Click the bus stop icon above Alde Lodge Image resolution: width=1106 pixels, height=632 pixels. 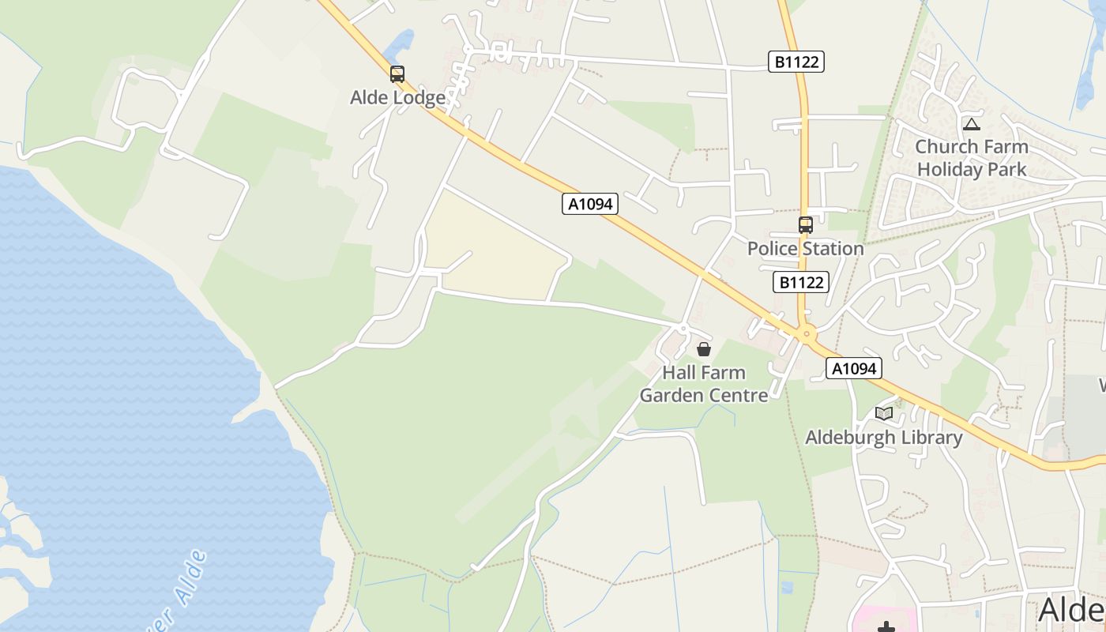tap(397, 74)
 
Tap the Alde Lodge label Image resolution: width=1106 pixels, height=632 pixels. tap(397, 98)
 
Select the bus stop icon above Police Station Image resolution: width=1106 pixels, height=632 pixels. tap(805, 225)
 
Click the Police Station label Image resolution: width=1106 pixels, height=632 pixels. tap(805, 249)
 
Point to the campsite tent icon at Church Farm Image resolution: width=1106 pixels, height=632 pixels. tap(972, 124)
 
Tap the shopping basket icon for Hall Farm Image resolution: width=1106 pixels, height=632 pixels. tap(704, 349)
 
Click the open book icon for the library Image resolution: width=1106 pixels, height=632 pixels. tap(883, 413)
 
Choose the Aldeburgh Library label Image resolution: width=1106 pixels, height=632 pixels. tap(883, 438)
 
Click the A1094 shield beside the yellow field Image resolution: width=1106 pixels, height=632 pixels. tap(590, 204)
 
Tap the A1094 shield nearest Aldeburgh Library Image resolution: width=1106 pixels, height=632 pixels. tap(853, 368)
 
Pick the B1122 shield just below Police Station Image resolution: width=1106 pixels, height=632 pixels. tap(800, 282)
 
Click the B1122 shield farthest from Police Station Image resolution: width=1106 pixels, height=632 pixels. tap(796, 62)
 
